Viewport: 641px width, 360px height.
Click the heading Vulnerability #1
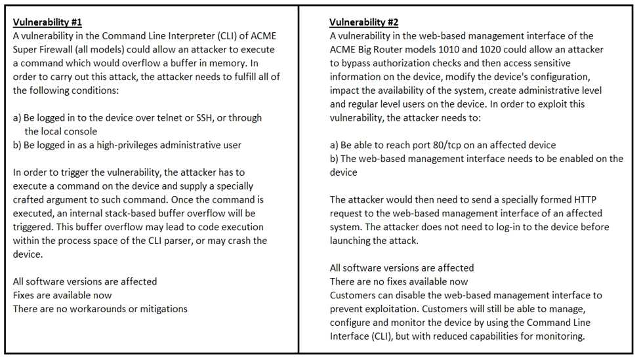(47, 22)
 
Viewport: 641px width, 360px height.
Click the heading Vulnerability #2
(364, 22)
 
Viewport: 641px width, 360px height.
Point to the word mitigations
(159, 309)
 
